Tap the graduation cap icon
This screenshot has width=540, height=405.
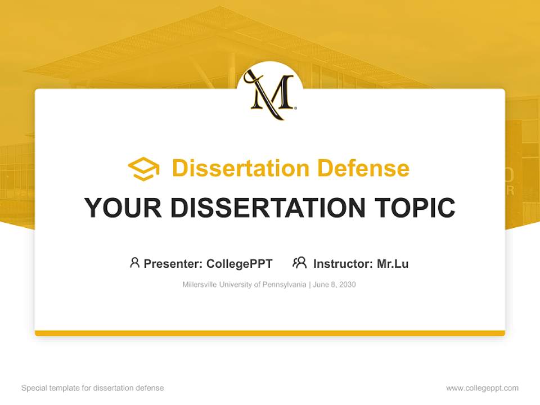(143, 169)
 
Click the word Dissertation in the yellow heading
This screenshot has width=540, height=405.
(240, 168)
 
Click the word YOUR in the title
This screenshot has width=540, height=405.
(124, 208)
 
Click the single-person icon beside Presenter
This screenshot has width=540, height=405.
(134, 263)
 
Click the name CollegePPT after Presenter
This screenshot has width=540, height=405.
(240, 263)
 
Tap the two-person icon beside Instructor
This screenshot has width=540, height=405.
(299, 263)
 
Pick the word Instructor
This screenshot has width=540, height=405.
(343, 263)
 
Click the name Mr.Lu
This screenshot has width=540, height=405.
(393, 263)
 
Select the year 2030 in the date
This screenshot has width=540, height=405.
(347, 285)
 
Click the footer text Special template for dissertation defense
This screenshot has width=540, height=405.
(92, 388)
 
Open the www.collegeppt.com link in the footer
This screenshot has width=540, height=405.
(482, 388)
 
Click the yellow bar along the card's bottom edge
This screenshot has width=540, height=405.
(270, 333)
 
